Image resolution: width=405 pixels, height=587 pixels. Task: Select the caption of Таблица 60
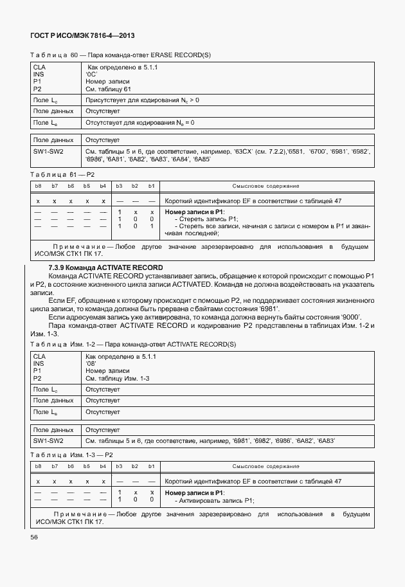120,55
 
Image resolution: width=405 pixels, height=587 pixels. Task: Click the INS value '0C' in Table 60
91,74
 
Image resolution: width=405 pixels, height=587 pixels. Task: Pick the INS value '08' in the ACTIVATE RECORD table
91,363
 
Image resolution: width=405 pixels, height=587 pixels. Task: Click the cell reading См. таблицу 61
108,89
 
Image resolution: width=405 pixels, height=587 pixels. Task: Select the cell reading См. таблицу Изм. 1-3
118,379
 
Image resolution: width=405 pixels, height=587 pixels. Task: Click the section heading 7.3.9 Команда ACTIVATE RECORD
105,267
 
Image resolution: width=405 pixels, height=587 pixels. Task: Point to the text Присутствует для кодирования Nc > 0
142,100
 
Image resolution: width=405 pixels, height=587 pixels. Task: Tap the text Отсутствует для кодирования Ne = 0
139,122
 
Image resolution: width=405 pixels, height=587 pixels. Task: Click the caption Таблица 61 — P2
62,175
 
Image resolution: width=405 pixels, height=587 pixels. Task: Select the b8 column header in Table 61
37,186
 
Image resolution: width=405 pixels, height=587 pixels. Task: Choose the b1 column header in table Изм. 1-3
151,466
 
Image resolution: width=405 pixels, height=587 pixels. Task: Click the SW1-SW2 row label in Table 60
49,151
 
